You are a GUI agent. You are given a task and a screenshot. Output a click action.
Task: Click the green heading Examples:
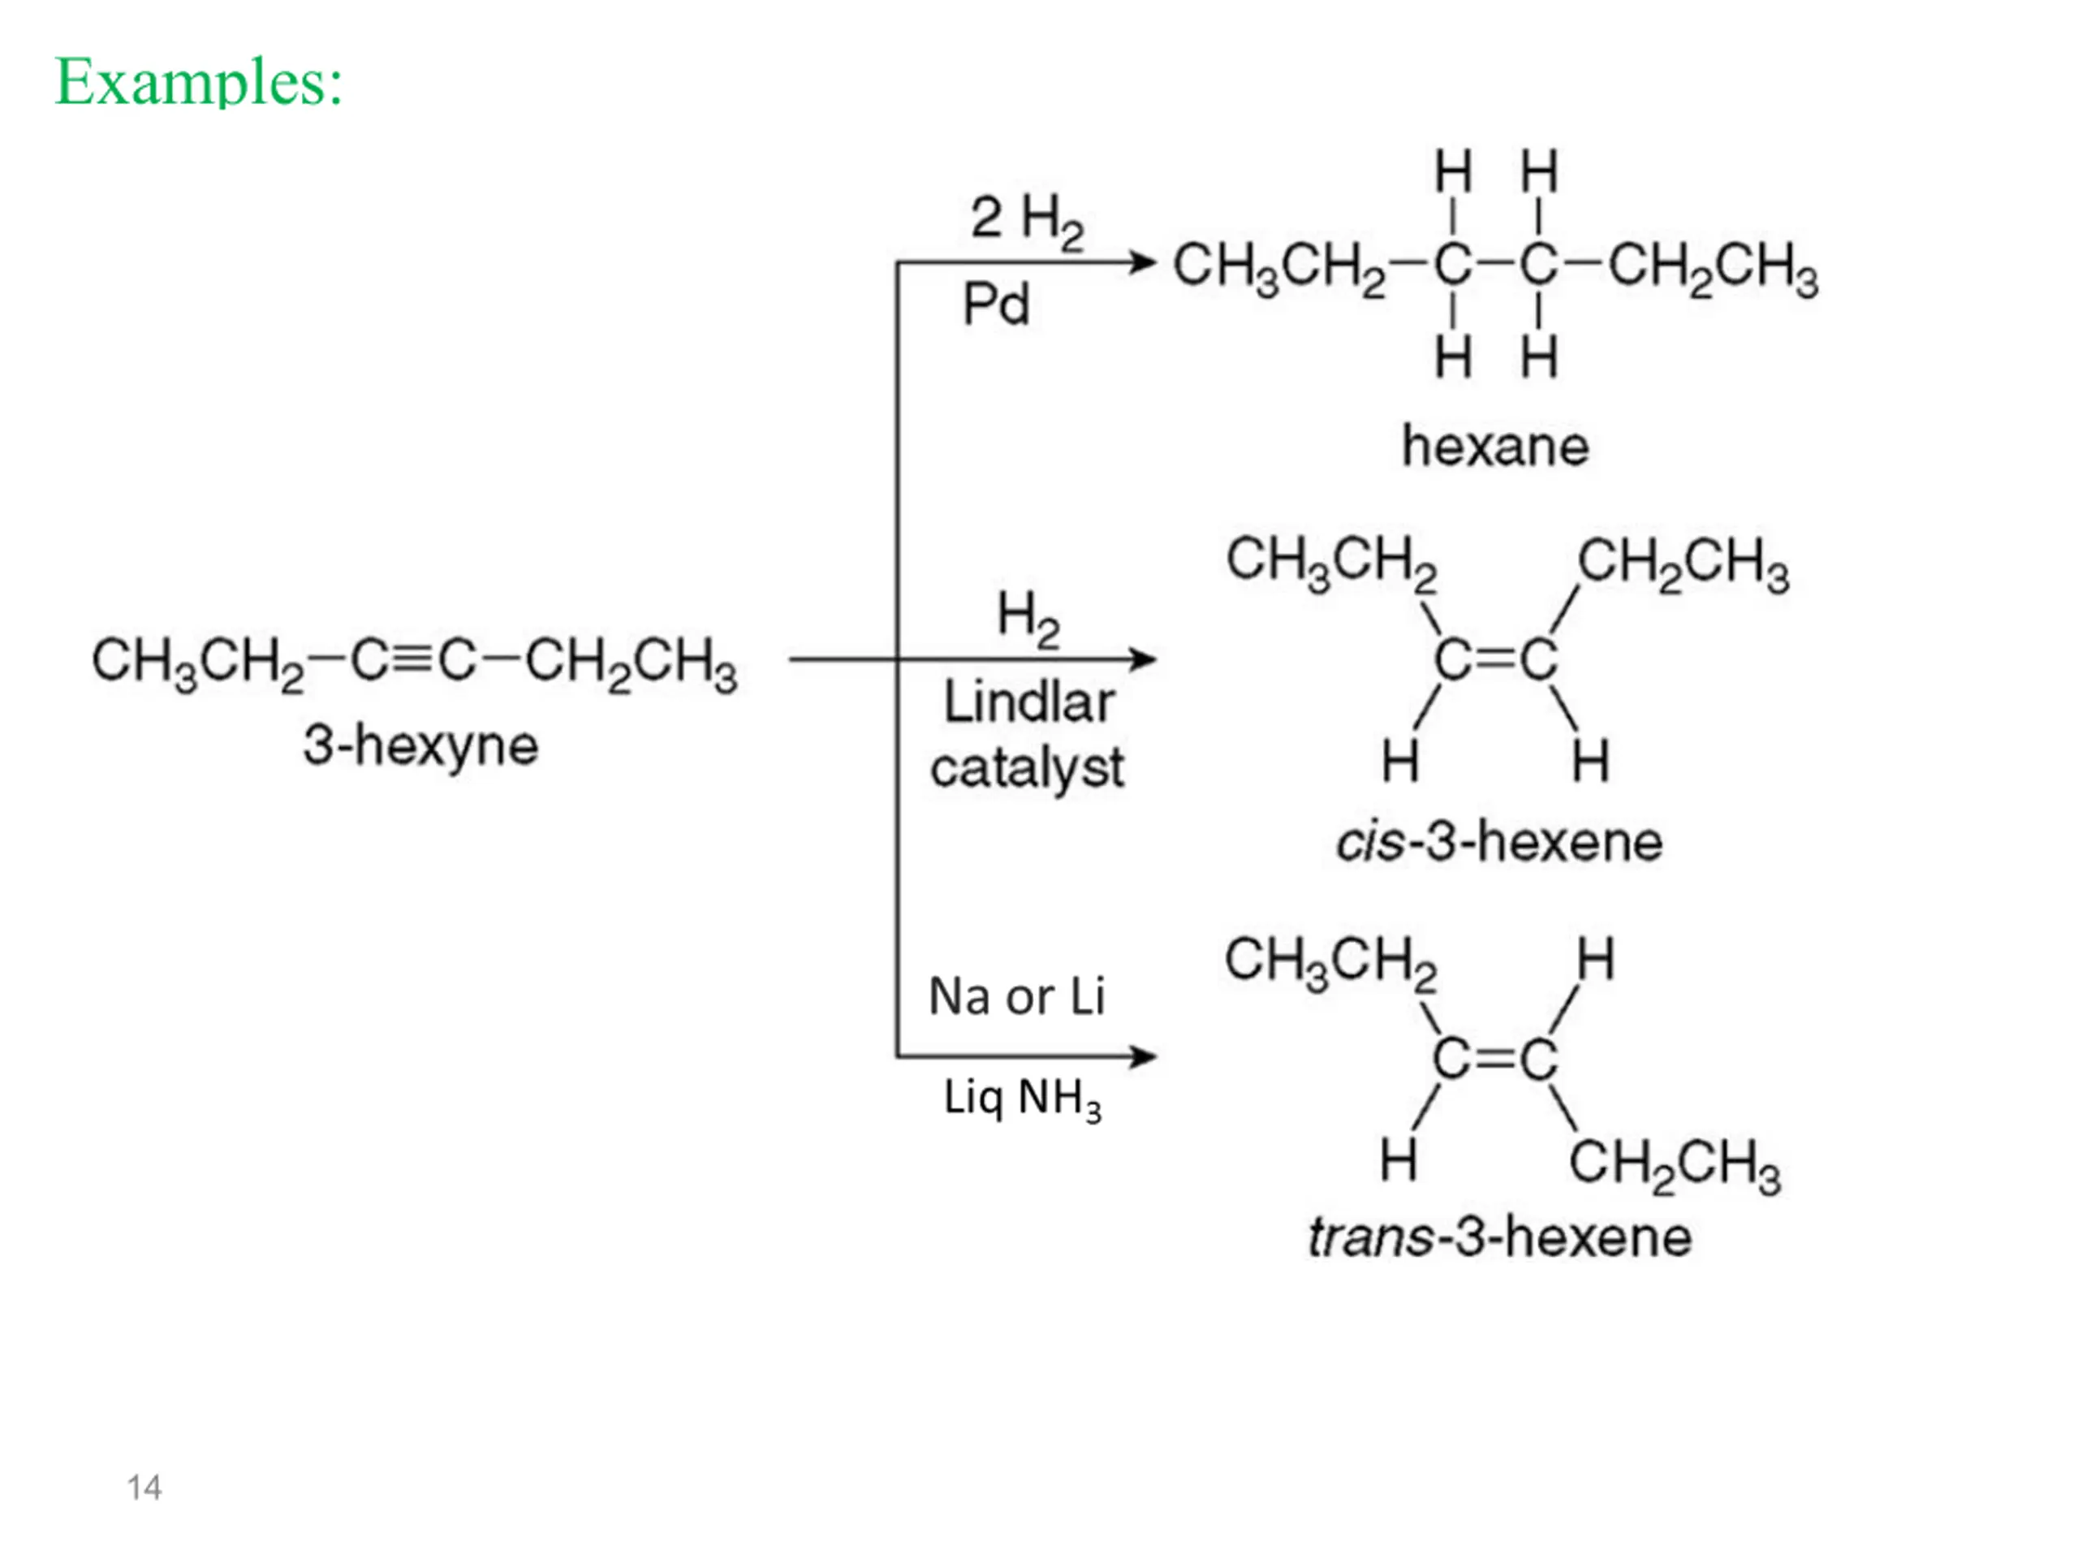[199, 82]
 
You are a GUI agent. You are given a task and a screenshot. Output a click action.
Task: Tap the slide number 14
[144, 1488]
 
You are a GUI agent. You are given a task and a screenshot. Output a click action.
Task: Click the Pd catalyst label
[996, 304]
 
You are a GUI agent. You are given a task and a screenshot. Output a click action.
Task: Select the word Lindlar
[1028, 702]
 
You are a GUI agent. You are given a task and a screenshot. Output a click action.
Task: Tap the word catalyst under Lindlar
[1027, 770]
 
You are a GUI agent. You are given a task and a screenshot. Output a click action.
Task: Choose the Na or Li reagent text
[1016, 996]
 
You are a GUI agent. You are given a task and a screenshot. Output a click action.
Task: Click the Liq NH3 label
[1022, 1099]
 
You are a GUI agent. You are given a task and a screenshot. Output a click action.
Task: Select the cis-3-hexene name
[1499, 841]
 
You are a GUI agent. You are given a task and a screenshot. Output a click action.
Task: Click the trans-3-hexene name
[1500, 1237]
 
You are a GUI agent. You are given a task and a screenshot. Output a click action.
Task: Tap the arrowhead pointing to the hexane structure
[1143, 262]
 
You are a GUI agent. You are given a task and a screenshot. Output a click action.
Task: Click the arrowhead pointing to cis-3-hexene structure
[1143, 659]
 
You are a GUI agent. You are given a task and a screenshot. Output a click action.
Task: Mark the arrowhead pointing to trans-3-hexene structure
[1143, 1056]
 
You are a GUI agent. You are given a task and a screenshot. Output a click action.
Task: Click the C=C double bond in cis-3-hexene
[1495, 659]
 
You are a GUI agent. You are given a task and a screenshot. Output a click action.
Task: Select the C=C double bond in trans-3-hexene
[1495, 1059]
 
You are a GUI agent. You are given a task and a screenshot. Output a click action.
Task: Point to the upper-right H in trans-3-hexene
[1596, 960]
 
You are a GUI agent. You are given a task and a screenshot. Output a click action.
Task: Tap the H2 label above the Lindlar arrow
[1028, 619]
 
